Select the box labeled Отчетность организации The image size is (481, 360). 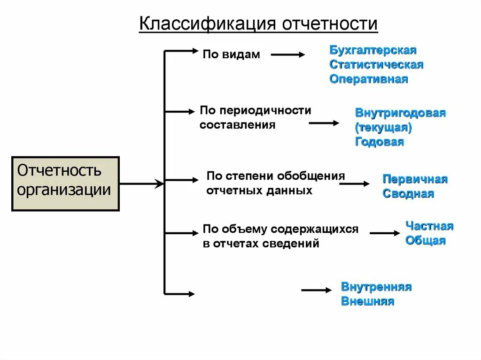pos(65,183)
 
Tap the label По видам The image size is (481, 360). pos(231,54)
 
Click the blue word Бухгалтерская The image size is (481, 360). pos(373,50)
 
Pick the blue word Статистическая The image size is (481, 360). pos(376,64)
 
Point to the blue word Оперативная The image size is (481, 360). pos(368,79)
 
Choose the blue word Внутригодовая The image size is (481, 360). pos(400,113)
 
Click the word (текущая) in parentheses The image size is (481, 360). pos(384,127)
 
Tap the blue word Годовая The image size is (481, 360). pos(379,142)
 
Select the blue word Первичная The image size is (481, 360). pos(415,179)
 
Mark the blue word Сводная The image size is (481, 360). pos(408,193)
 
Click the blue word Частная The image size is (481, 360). pos(429,226)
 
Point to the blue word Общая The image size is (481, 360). pos(425,241)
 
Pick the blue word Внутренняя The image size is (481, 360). pos(376,287)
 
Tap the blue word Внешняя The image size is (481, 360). pos(367,301)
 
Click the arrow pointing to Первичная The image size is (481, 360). pos(355,184)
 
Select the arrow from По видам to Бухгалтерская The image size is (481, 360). pos(288,54)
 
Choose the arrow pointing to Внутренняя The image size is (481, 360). pos(316,291)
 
